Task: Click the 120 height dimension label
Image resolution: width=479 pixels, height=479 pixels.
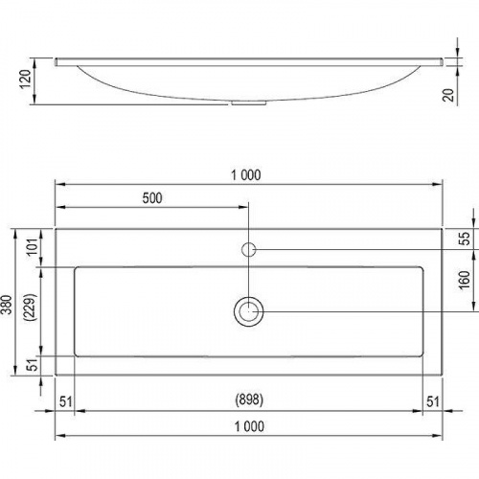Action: [26, 80]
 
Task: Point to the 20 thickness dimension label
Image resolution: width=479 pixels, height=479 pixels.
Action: [448, 95]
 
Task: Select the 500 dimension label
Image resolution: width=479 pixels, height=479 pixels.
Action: [152, 198]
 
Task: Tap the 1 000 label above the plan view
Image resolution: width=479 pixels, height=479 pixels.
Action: [246, 175]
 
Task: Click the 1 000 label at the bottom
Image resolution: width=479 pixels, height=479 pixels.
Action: [249, 426]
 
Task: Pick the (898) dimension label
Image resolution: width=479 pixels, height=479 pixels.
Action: [249, 399]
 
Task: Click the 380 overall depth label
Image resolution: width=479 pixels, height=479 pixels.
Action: [7, 305]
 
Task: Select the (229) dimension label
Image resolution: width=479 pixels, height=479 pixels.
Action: [31, 307]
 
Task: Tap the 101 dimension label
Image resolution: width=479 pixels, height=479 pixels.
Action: [33, 247]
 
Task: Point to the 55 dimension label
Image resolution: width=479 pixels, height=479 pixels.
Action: [466, 239]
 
